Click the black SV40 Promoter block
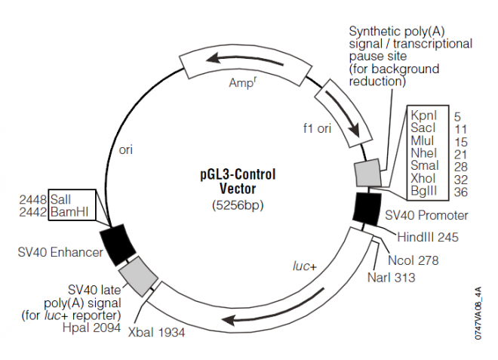coord(368,207)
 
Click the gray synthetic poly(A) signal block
coord(369,173)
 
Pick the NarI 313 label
coord(392,277)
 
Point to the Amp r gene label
coord(243,82)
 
